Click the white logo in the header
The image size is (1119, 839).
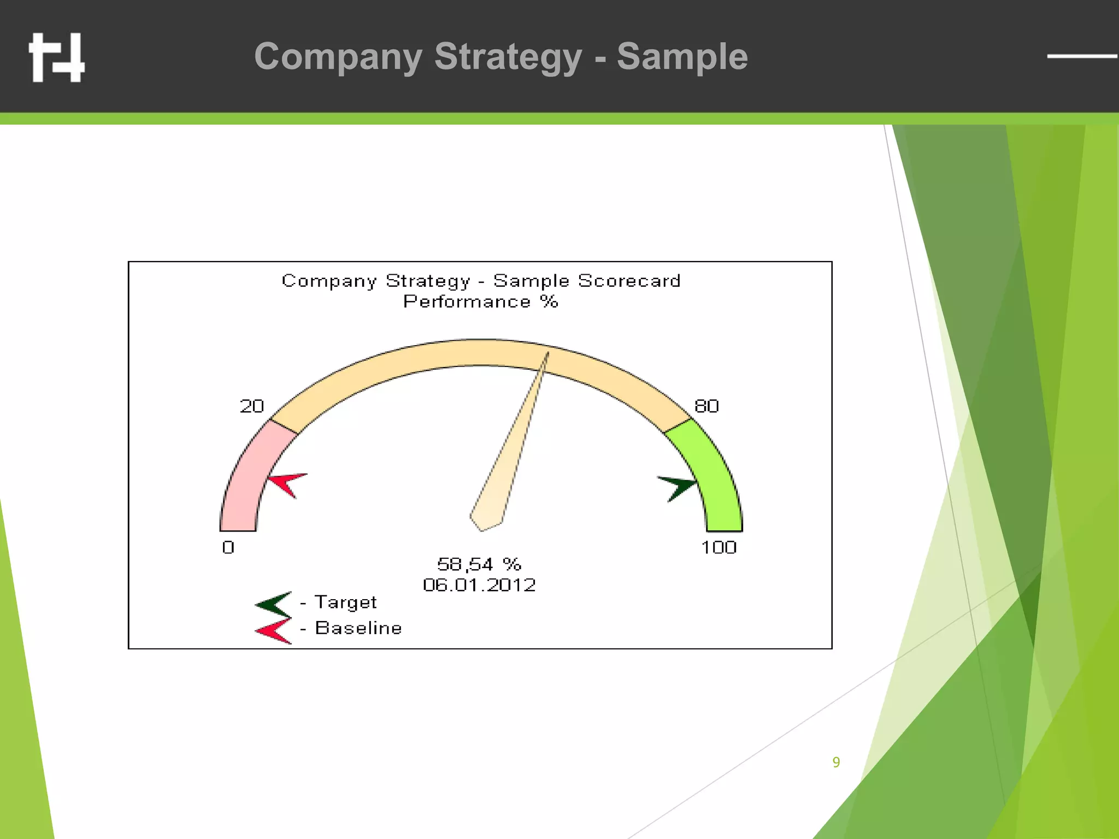point(57,57)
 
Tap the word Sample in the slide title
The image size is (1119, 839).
point(682,57)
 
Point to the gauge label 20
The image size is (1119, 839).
point(252,406)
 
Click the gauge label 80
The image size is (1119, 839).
point(706,406)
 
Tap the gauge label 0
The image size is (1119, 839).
point(228,547)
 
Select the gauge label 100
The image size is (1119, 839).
point(718,547)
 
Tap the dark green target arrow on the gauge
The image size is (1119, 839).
point(678,487)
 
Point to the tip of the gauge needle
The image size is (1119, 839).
point(547,354)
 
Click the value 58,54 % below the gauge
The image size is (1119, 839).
point(479,564)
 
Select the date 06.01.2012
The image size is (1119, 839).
point(479,585)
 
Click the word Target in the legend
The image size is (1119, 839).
point(345,602)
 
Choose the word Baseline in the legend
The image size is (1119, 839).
point(358,628)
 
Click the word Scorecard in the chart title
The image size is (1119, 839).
point(629,281)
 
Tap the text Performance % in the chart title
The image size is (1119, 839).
point(480,302)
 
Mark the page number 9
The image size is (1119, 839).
point(836,762)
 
